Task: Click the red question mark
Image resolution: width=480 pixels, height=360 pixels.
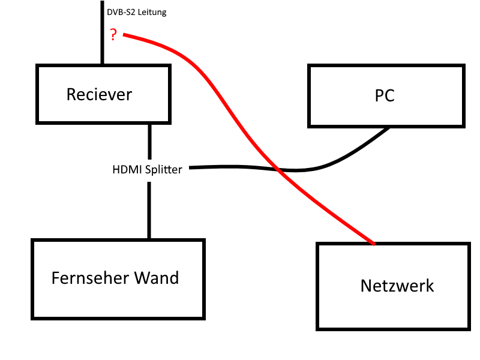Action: (x=113, y=35)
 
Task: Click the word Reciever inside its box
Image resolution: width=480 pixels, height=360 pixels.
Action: (x=99, y=94)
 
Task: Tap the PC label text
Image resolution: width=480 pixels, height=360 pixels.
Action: (x=385, y=95)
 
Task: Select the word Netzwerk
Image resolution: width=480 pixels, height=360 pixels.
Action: (x=397, y=286)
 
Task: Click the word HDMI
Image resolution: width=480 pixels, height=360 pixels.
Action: (x=125, y=170)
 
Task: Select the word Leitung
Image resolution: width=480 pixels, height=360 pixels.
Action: (x=152, y=12)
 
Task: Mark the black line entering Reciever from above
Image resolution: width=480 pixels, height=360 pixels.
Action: (x=102, y=36)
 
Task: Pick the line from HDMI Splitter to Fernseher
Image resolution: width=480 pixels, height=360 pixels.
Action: (x=149, y=210)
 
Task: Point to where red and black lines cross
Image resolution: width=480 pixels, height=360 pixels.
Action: (x=278, y=169)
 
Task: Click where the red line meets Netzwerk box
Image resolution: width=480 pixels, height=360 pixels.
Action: (x=374, y=244)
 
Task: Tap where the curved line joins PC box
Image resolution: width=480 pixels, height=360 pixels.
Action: (x=389, y=128)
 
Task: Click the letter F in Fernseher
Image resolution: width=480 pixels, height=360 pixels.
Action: (x=56, y=278)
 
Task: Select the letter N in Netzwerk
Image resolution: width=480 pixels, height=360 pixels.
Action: (x=366, y=286)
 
